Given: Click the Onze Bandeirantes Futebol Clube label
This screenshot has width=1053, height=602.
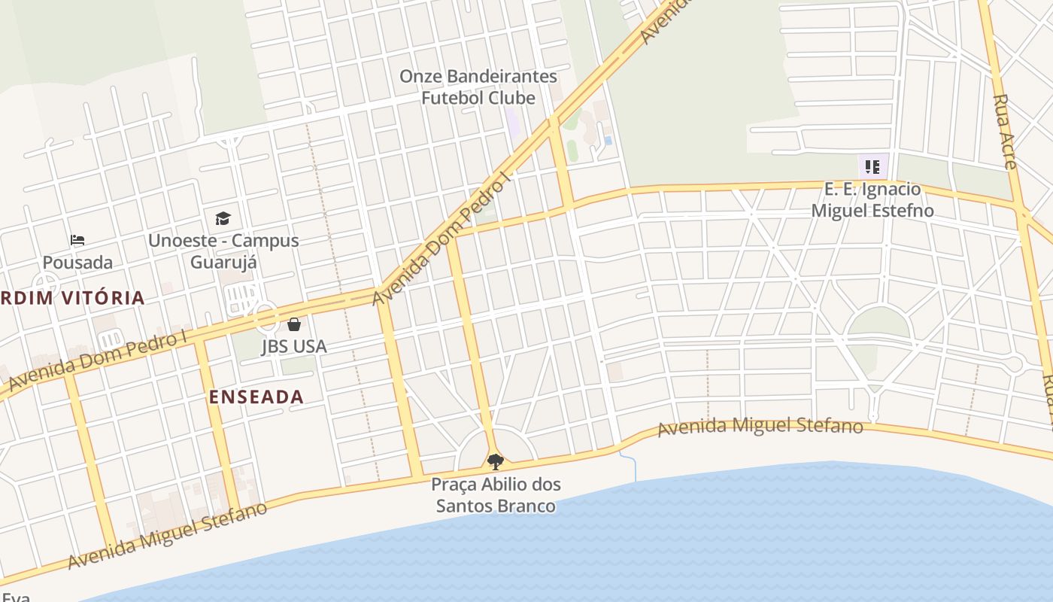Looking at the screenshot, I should coord(478,87).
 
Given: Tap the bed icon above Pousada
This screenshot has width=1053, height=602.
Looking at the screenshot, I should coord(77,241).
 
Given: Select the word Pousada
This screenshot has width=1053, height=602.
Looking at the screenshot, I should coord(77,263).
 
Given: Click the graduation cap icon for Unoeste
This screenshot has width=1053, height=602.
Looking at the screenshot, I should coord(223,219).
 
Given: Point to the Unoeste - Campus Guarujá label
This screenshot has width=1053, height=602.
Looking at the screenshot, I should coord(223,251).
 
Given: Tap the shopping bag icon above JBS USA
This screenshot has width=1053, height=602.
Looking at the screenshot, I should coord(294,324).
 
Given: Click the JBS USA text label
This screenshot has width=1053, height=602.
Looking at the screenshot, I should coord(294,346).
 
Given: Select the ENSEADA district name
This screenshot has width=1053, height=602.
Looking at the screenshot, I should coord(256,397).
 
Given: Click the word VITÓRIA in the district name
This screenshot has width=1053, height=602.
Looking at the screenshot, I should coord(103,298).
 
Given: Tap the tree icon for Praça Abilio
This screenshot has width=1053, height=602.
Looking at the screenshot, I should coord(495,461).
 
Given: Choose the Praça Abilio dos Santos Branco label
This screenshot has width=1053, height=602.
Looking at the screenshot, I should coord(496,494).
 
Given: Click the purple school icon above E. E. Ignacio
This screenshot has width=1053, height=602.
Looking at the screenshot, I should coord(872,166).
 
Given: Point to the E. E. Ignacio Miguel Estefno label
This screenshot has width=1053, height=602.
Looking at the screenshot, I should coord(872,199).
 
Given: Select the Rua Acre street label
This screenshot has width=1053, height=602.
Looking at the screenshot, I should coord(1005,132).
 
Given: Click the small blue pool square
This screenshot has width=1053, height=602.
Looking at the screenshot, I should coord(608,140).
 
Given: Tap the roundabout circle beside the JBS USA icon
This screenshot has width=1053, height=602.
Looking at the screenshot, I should coord(266,317).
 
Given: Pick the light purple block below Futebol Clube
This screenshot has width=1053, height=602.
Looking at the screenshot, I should coord(512,123).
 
